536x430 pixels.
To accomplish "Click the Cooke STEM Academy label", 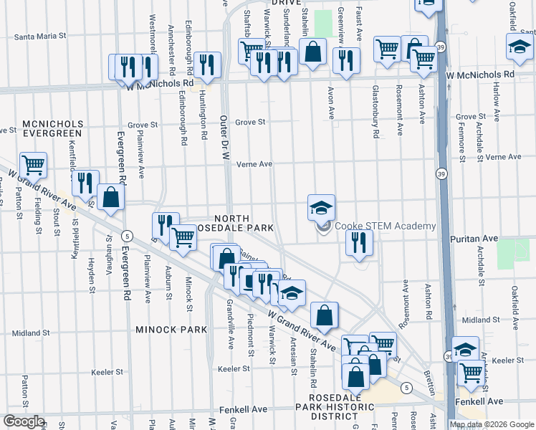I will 385,226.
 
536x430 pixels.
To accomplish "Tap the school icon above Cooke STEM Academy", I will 322,208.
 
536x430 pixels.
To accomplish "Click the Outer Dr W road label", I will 223,143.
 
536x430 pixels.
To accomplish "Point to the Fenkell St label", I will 245,409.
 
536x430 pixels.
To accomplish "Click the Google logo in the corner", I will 24,421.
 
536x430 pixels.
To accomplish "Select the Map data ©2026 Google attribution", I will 492,424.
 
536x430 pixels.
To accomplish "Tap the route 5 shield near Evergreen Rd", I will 126,236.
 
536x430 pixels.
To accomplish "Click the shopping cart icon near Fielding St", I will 34,166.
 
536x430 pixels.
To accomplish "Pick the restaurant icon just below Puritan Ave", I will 358,243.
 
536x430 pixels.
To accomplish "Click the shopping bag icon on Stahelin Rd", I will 324,315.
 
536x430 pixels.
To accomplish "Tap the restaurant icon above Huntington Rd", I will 207,65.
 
